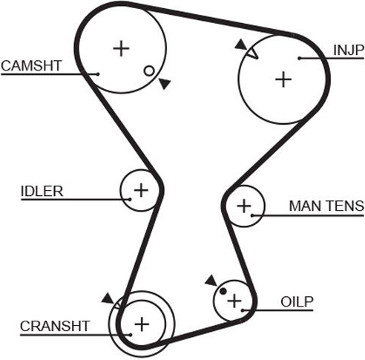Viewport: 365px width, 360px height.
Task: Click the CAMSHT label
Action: [x=31, y=66]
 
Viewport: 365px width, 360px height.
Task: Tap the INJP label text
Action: [x=349, y=50]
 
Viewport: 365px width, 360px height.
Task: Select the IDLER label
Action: [x=42, y=192]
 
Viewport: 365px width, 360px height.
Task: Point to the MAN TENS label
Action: [x=326, y=206]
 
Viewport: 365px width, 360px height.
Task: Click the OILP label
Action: [x=297, y=302]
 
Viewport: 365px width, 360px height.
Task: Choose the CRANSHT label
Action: [x=55, y=327]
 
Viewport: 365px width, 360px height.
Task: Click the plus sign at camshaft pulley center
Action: [x=121, y=48]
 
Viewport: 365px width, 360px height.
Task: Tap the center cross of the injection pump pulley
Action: [x=283, y=79]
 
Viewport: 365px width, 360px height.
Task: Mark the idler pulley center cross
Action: [x=141, y=190]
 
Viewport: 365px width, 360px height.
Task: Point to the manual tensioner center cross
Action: [x=244, y=206]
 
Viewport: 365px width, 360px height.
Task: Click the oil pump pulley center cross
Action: [x=234, y=301]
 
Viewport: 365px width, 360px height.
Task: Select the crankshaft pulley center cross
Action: [x=142, y=324]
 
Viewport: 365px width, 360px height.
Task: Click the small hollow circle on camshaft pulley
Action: [x=149, y=71]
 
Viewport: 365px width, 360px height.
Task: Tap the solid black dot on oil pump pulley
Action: [x=223, y=291]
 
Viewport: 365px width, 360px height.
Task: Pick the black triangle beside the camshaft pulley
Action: [x=165, y=83]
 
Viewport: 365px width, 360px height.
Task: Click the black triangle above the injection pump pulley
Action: [x=241, y=45]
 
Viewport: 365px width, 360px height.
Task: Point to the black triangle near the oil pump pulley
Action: [x=211, y=281]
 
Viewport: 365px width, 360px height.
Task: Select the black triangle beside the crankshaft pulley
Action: [x=108, y=298]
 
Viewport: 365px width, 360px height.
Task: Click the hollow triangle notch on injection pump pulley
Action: [x=253, y=53]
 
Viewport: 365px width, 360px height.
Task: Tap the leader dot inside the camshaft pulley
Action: [x=98, y=74]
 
